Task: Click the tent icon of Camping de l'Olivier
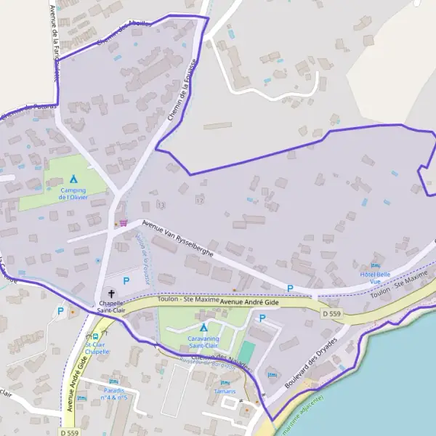click(x=73, y=178)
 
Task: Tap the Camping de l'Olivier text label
click(x=73, y=193)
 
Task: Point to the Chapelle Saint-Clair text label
click(x=110, y=308)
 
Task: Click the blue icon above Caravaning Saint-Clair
click(x=203, y=327)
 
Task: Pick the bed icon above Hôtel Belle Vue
click(x=375, y=265)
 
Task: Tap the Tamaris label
click(x=225, y=391)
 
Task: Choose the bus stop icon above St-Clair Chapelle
click(x=95, y=337)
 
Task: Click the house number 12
click(x=200, y=199)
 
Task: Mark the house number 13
click(x=161, y=205)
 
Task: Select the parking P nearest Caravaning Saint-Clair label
click(x=262, y=318)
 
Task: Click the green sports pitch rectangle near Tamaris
click(x=247, y=352)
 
